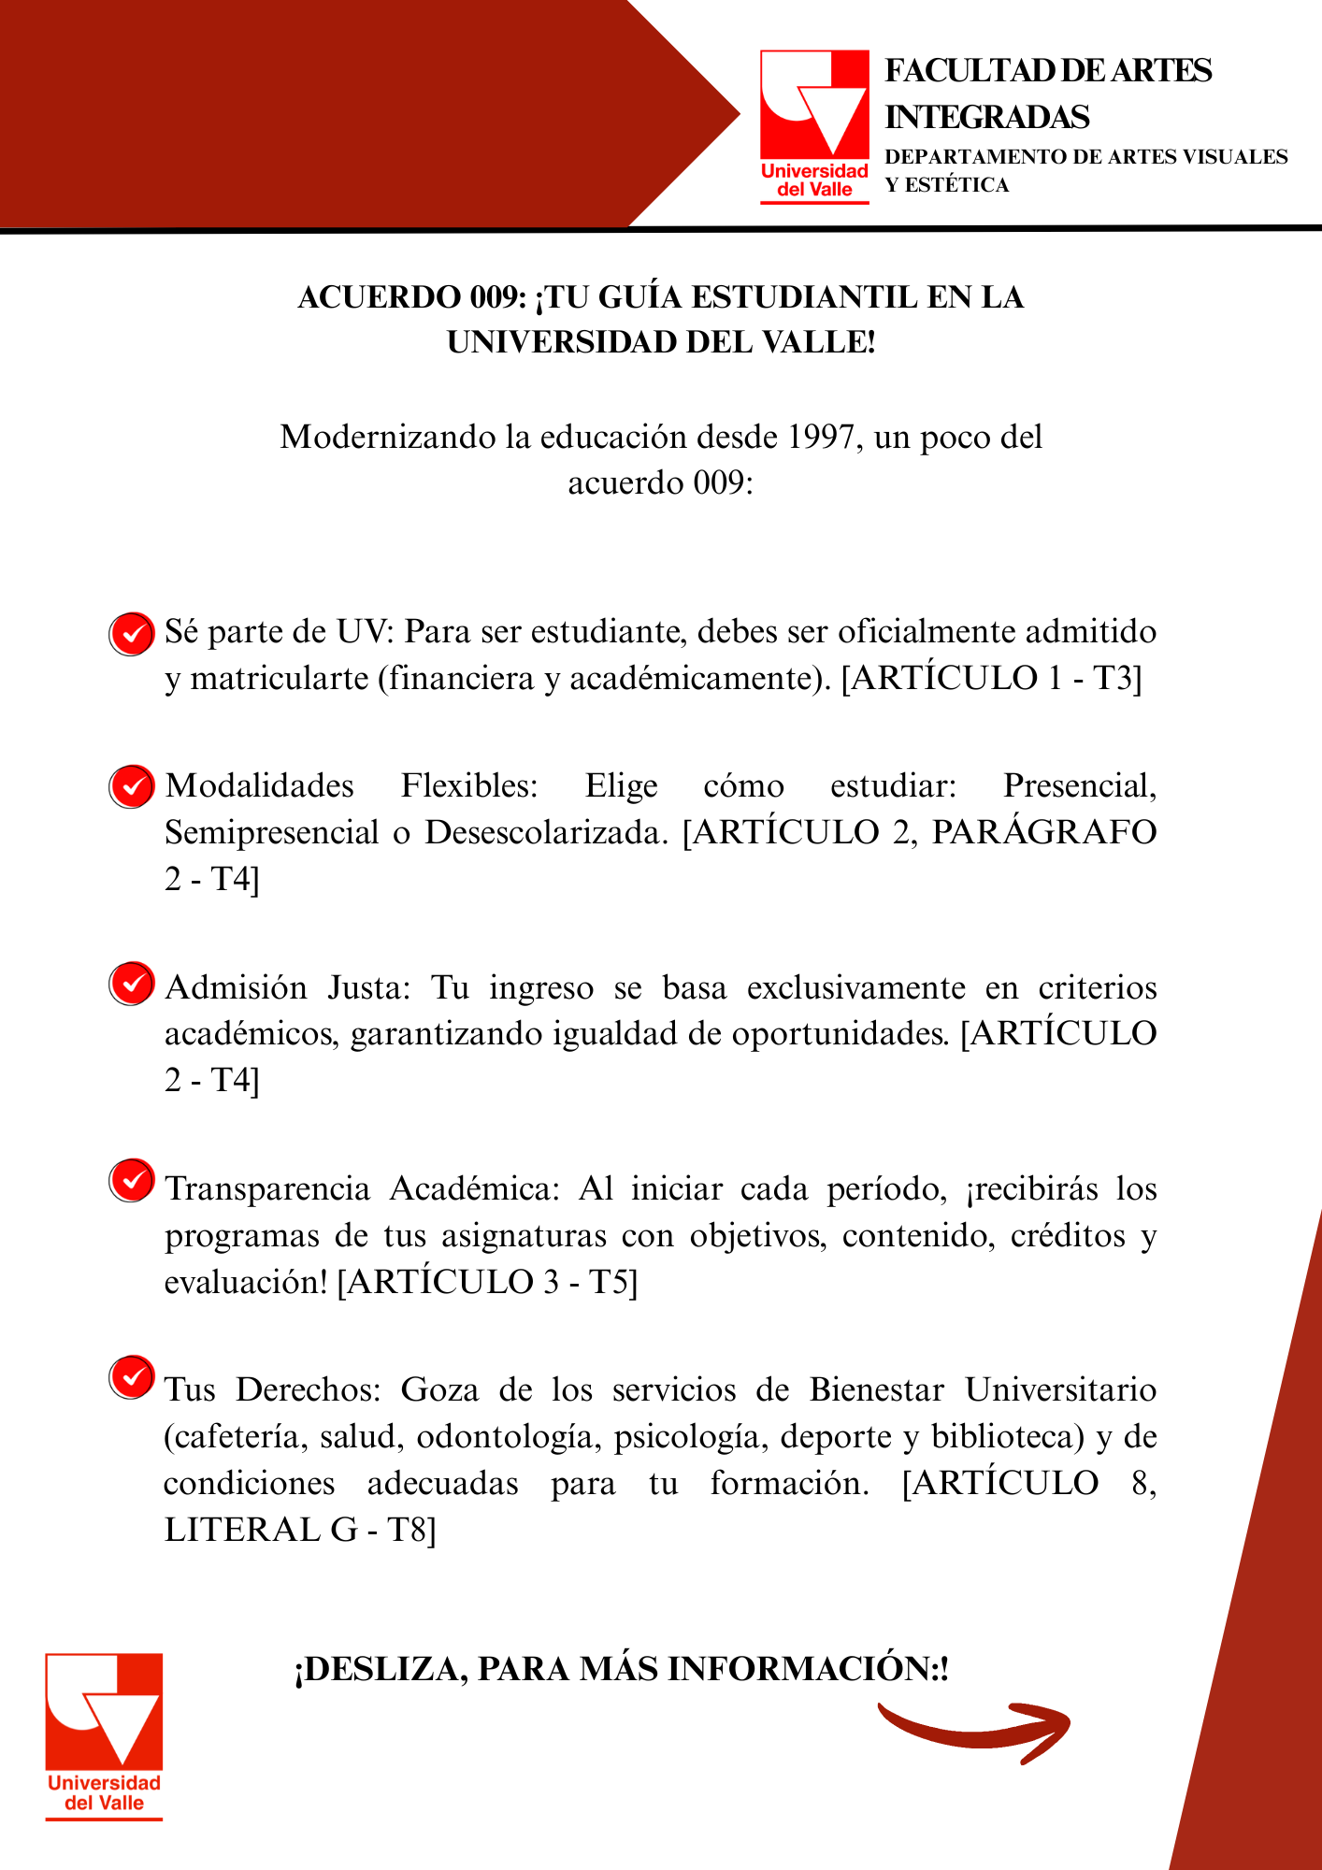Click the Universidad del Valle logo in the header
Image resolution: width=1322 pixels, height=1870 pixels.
coord(814,126)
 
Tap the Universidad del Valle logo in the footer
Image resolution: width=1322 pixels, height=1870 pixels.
coord(104,1736)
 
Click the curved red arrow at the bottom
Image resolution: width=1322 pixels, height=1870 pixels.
coord(972,1731)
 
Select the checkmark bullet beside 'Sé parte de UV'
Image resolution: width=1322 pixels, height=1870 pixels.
coord(132,634)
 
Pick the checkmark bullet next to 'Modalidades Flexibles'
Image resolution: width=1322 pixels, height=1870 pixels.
coord(132,786)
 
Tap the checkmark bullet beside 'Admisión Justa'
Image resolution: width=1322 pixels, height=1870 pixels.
coord(132,984)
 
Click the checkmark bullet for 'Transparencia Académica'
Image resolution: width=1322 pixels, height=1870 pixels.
coord(132,1181)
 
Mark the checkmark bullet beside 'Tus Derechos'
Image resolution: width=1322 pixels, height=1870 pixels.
coord(132,1377)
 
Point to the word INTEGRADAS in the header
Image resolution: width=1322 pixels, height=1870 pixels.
coord(987,118)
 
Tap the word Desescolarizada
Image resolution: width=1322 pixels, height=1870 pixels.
coord(547,832)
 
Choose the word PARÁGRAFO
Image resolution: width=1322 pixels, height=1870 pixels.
coord(1044,832)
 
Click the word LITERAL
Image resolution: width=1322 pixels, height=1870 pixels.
coord(242,1530)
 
